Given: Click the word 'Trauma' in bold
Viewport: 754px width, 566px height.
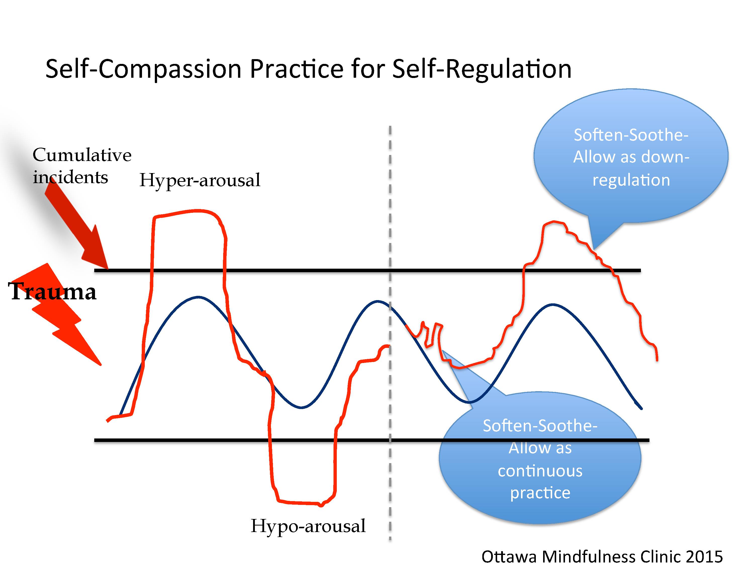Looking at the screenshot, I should click(52, 292).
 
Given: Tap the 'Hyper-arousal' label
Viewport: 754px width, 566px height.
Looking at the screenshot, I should click(200, 180).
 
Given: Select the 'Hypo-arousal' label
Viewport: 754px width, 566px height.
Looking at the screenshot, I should click(308, 526).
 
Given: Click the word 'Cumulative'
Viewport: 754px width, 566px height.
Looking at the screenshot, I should click(82, 155).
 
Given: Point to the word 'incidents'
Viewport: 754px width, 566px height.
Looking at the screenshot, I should click(70, 177).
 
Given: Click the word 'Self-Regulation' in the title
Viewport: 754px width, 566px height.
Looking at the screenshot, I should click(482, 69).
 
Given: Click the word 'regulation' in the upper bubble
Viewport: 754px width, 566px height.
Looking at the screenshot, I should click(631, 180).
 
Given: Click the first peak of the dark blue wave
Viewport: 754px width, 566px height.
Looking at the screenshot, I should click(198, 297).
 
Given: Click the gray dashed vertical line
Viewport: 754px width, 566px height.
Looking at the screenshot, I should click(390, 205).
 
